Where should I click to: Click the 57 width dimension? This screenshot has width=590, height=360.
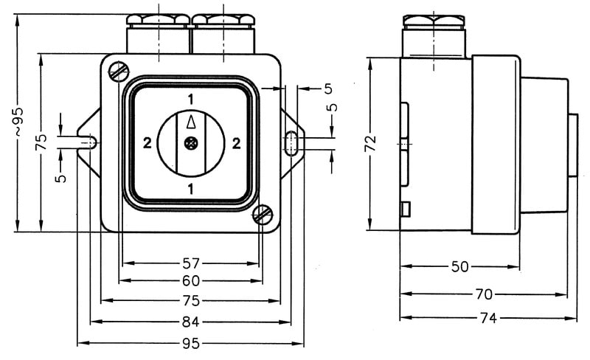click(191, 263)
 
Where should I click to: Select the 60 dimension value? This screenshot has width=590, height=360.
click(191, 281)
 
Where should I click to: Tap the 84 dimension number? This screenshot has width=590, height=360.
click(191, 322)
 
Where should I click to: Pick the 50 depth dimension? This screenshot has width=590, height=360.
click(459, 266)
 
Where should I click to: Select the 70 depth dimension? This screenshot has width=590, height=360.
click(483, 294)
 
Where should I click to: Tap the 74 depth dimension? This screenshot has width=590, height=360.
click(488, 318)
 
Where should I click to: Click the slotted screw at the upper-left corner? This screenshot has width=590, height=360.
click(118, 72)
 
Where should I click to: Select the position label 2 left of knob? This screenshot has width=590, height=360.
click(147, 144)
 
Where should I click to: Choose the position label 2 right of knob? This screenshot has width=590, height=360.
click(236, 144)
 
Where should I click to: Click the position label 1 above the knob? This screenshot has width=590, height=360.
click(191, 100)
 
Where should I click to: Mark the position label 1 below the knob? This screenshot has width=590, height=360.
click(191, 189)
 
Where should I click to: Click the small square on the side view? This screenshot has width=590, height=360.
click(404, 209)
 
